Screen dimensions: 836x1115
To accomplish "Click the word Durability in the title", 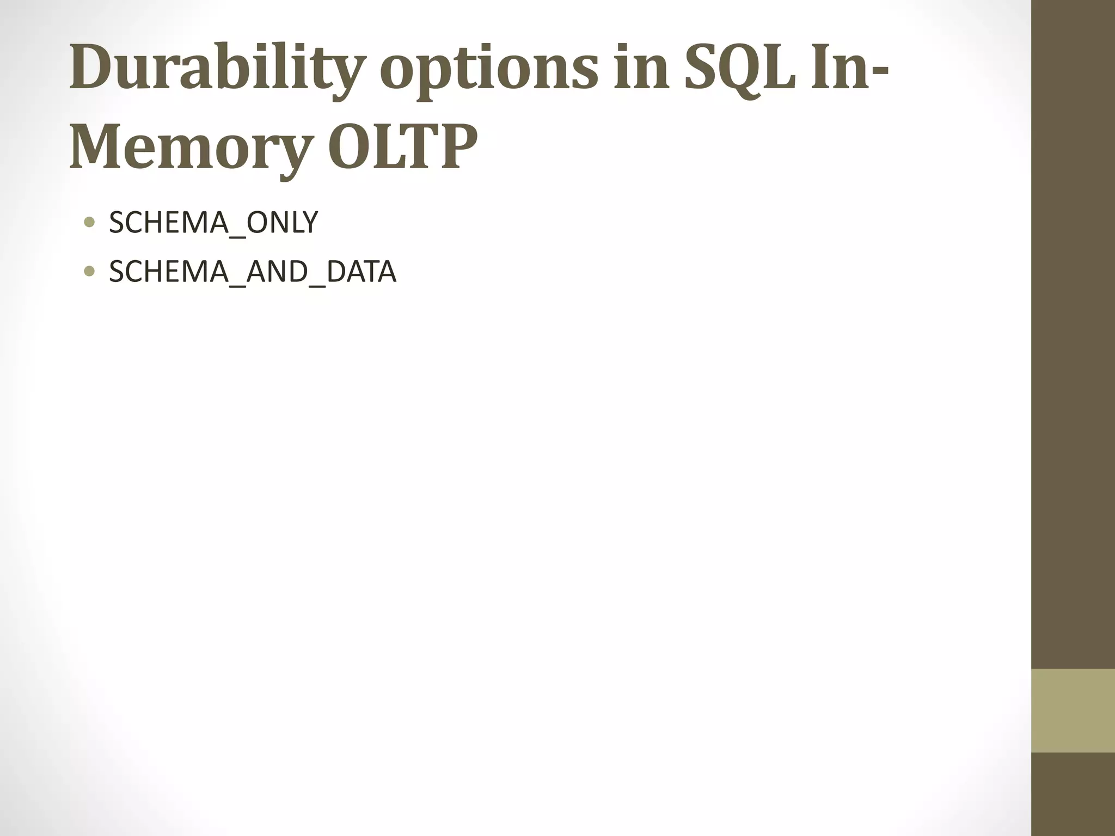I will point(215,70).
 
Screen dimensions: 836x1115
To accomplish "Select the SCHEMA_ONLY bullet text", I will point(213,223).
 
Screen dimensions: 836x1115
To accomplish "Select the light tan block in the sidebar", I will point(1073,710).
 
